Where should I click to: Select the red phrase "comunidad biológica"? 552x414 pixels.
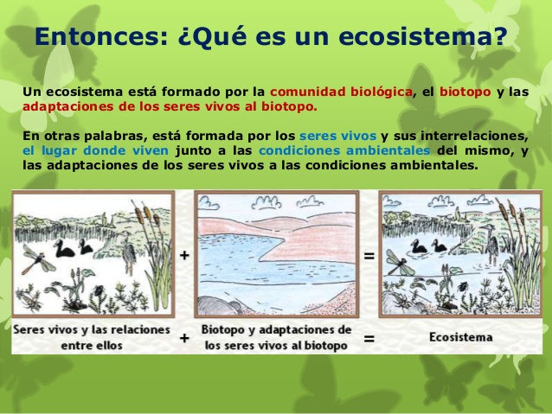[x=341, y=92]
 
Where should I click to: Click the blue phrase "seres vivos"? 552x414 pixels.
[x=338, y=136]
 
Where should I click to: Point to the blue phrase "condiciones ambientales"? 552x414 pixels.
[x=344, y=150]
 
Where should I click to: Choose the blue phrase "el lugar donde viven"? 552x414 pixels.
[x=96, y=151]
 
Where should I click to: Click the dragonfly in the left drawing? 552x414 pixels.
[x=38, y=259]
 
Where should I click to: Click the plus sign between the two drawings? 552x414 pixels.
[x=184, y=255]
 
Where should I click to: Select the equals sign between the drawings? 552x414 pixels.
[x=369, y=256]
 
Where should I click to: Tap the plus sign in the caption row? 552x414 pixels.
[x=184, y=338]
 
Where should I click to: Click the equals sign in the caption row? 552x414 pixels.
[x=369, y=339]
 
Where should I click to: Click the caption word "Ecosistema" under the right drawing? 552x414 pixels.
[x=461, y=337]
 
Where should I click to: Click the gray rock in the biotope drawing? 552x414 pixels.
[x=217, y=305]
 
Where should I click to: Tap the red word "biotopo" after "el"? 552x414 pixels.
[x=465, y=92]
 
